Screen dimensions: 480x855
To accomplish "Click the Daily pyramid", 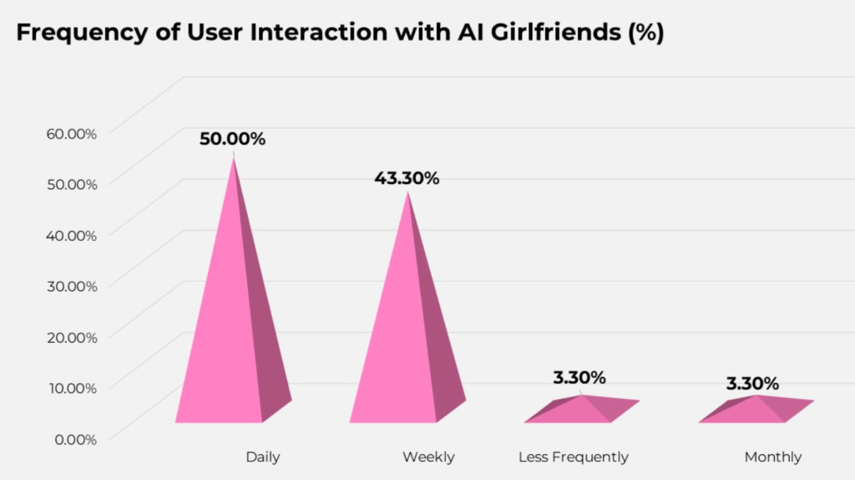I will [230, 334].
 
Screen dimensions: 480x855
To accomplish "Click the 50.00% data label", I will [232, 139].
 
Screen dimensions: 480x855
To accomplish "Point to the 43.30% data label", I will [407, 178].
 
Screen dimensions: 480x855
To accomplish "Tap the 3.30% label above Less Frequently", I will [579, 377].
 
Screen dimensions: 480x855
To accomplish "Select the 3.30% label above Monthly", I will [752, 384].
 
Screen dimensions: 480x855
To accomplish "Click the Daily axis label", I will [263, 457].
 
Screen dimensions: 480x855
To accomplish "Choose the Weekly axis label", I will [428, 457].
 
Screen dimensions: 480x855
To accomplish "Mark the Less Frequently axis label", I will [574, 457].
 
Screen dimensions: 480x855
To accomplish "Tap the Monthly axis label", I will [772, 457].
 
